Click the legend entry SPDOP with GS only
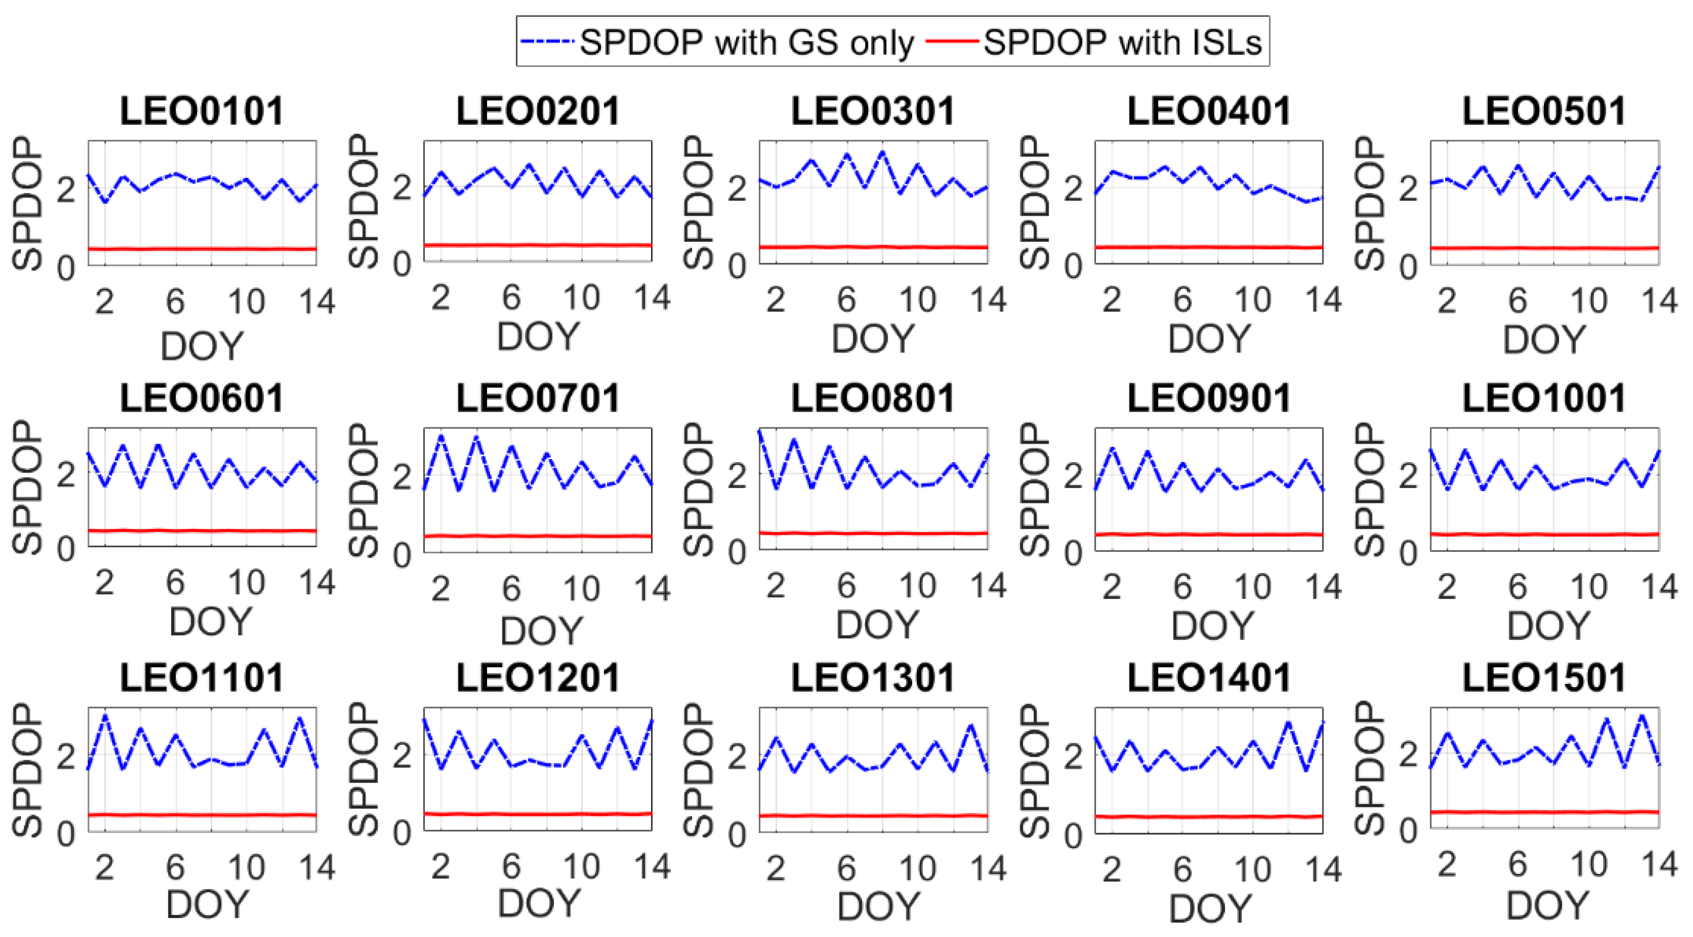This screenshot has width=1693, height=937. coord(746,43)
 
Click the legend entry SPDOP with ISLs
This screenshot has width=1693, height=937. coord(1122,43)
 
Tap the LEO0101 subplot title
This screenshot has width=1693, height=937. coord(202,110)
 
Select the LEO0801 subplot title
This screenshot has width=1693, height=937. coord(873,398)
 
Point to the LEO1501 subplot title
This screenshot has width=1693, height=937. coord(1544,677)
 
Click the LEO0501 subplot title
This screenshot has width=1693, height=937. coord(1544,110)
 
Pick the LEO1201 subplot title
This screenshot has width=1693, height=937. coord(538,677)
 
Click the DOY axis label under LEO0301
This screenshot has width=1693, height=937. coord(873,338)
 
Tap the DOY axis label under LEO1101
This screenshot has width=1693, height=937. coord(207,904)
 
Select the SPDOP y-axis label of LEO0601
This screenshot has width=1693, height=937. coord(28,487)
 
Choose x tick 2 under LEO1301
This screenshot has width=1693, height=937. coord(776,870)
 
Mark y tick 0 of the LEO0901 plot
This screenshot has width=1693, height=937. coord(1073,554)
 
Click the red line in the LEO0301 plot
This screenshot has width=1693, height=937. coord(873,247)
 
